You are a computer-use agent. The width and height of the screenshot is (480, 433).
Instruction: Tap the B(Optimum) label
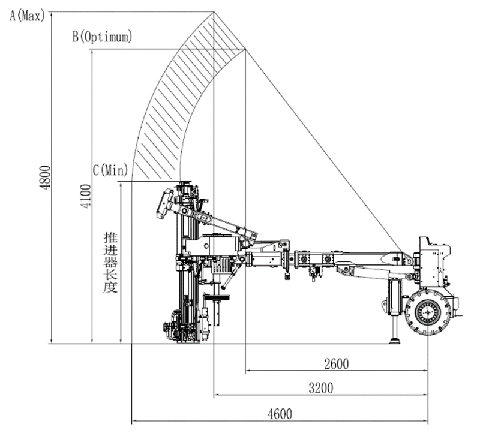tap(102, 37)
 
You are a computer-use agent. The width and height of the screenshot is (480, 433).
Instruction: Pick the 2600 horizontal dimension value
tap(336, 363)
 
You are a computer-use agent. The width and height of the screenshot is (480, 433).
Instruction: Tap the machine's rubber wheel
tap(427, 312)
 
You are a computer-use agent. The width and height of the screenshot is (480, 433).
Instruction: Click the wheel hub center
tap(427, 312)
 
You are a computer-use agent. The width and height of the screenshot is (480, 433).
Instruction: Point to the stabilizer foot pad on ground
tap(395, 341)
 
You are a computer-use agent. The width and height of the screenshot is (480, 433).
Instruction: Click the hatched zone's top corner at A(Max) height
tap(214, 11)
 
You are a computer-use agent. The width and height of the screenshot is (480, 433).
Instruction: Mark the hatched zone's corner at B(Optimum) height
tap(245, 50)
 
